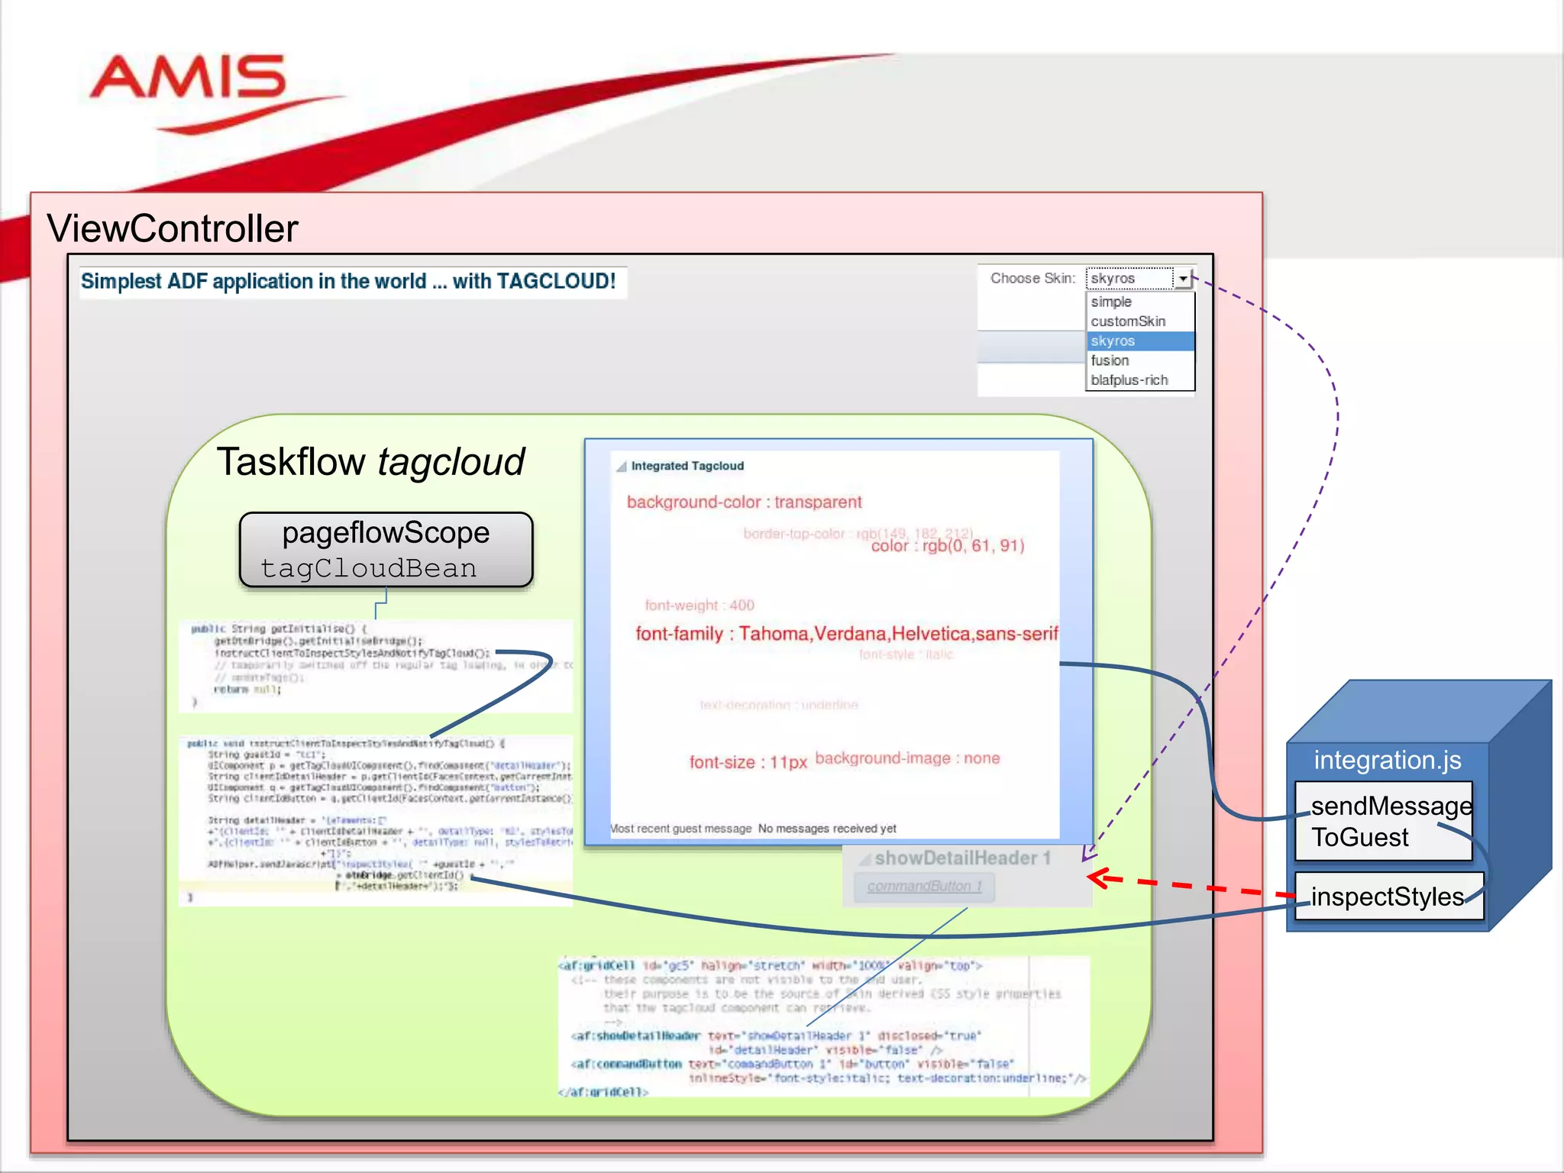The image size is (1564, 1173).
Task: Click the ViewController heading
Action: click(x=173, y=228)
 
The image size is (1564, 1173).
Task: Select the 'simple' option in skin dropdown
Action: click(x=1111, y=302)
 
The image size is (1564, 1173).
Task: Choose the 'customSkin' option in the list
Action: click(x=1128, y=322)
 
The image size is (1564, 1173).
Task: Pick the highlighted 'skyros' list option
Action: click(x=1113, y=341)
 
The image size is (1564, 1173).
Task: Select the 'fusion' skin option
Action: click(x=1110, y=360)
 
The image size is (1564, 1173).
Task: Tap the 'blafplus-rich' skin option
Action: click(x=1129, y=380)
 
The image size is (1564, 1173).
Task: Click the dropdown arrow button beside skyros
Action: click(x=1183, y=279)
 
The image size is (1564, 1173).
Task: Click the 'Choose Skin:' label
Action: click(x=1032, y=279)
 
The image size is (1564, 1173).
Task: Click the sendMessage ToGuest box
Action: click(x=1383, y=822)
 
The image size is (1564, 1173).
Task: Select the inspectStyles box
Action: click(x=1387, y=897)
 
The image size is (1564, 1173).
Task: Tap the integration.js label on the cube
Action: click(x=1387, y=761)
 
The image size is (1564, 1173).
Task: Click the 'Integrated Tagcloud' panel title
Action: click(x=687, y=466)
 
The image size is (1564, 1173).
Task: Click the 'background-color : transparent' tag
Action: click(x=744, y=502)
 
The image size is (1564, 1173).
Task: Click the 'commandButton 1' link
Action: click(x=924, y=887)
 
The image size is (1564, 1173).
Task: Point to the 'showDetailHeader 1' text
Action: click(x=962, y=858)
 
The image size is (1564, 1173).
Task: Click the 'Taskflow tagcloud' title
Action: click(x=370, y=462)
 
